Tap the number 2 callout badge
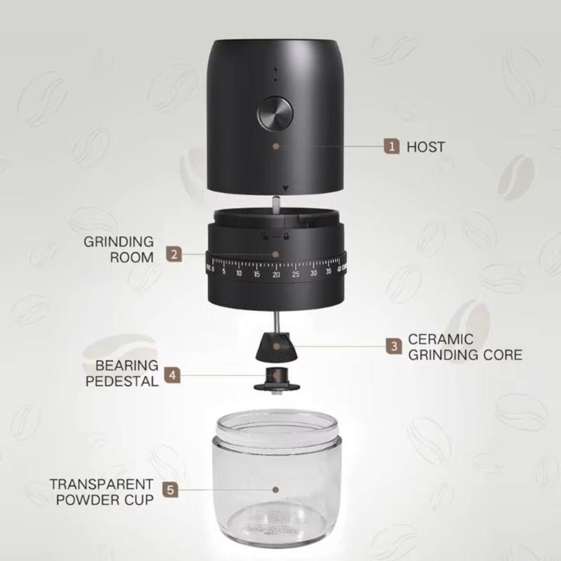(x=174, y=254)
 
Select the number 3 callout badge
(x=394, y=347)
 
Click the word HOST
(x=425, y=147)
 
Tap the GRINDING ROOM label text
(x=118, y=250)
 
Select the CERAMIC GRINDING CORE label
(x=465, y=347)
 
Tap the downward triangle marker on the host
(x=286, y=190)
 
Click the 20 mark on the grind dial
(x=276, y=274)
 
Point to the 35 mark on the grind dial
(x=329, y=273)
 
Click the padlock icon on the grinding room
(x=287, y=236)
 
